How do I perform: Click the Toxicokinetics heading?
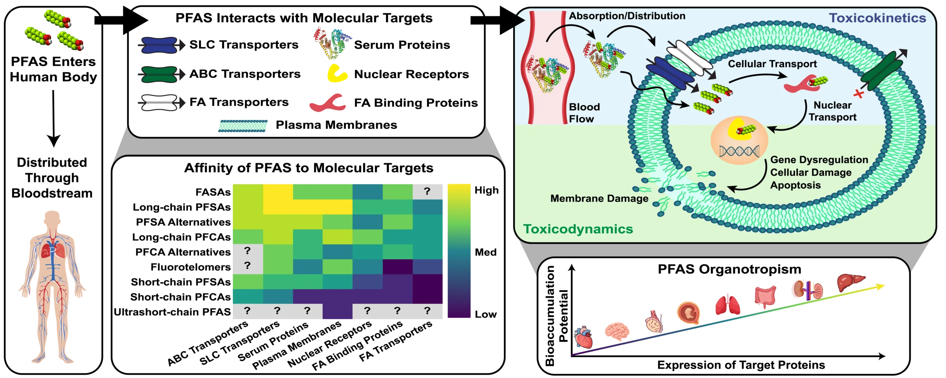[877, 18]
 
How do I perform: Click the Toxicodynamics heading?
[578, 229]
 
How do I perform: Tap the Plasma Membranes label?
[336, 125]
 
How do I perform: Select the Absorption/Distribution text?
[627, 16]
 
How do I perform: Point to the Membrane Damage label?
[599, 199]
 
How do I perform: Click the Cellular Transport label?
[772, 64]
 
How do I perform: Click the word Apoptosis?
[795, 185]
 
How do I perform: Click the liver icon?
[851, 282]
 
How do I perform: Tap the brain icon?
[616, 331]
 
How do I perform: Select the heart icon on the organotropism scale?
[583, 337]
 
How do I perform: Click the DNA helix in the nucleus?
[739, 151]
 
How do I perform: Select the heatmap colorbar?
[459, 251]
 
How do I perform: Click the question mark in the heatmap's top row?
[427, 191]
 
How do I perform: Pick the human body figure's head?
[52, 219]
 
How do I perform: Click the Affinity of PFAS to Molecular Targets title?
[309, 168]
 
